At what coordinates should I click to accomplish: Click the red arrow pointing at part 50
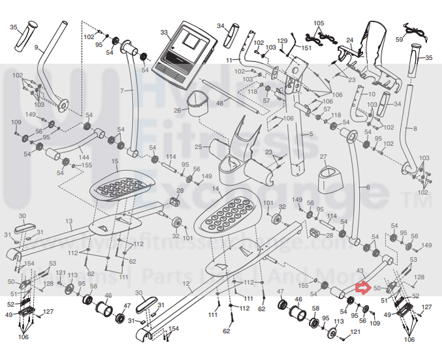pyautogui.click(x=362, y=286)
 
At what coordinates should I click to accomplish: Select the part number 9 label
pyautogui.click(x=37, y=48)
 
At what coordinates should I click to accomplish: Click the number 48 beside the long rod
pyautogui.click(x=219, y=104)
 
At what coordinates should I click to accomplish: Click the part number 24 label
pyautogui.click(x=349, y=40)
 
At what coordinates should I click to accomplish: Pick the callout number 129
pyautogui.click(x=282, y=41)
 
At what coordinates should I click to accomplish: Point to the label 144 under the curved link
pyautogui.click(x=83, y=158)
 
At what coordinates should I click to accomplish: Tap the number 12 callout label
pyautogui.click(x=186, y=284)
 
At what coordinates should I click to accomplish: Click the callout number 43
pyautogui.click(x=359, y=270)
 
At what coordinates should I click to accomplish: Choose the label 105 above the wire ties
pyautogui.click(x=318, y=23)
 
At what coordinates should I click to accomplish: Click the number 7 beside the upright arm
pyautogui.click(x=121, y=90)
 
